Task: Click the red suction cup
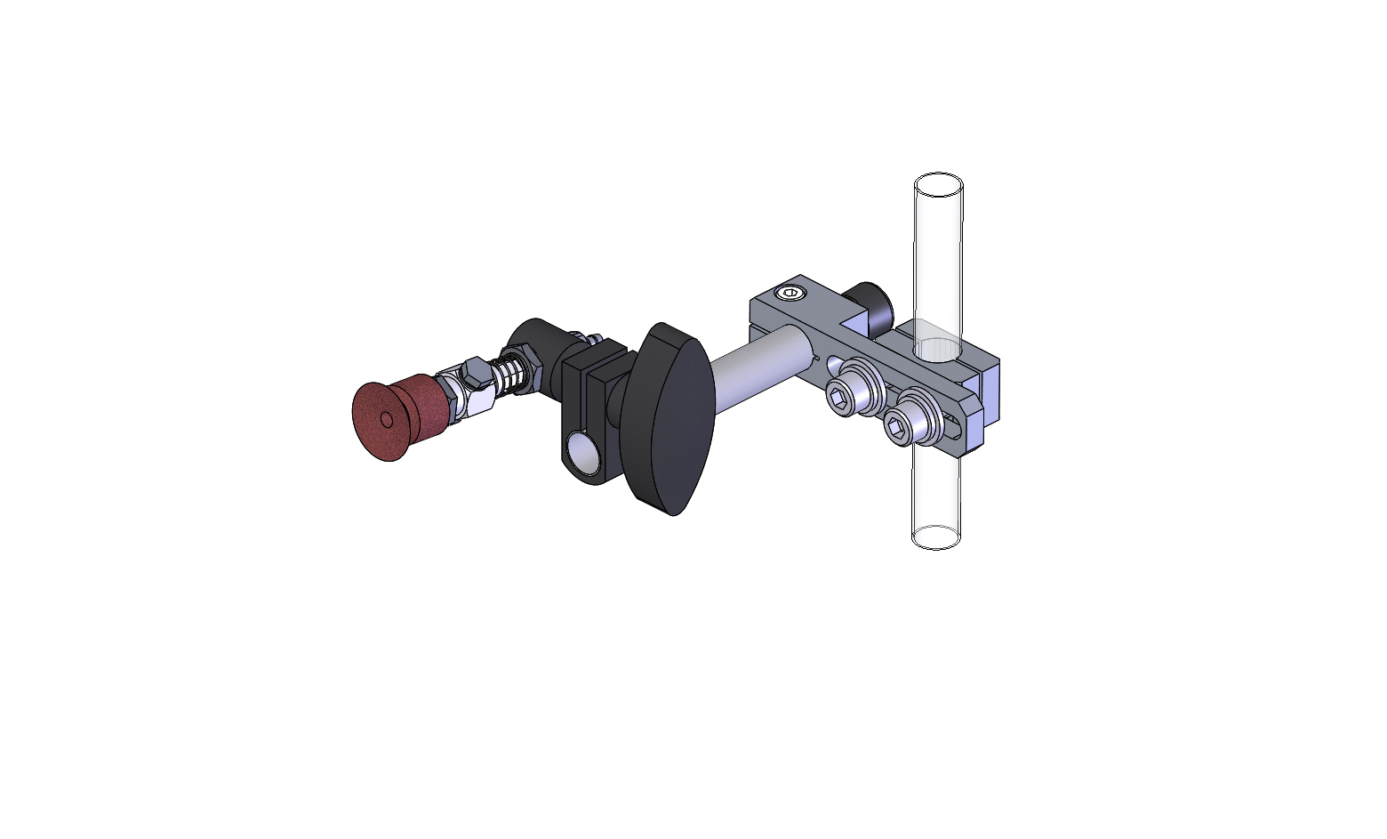[x=391, y=418]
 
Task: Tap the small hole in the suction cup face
[x=387, y=419]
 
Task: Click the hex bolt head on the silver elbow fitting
[x=476, y=374]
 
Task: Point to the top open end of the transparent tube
[x=938, y=185]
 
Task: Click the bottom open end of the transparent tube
[x=937, y=536]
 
